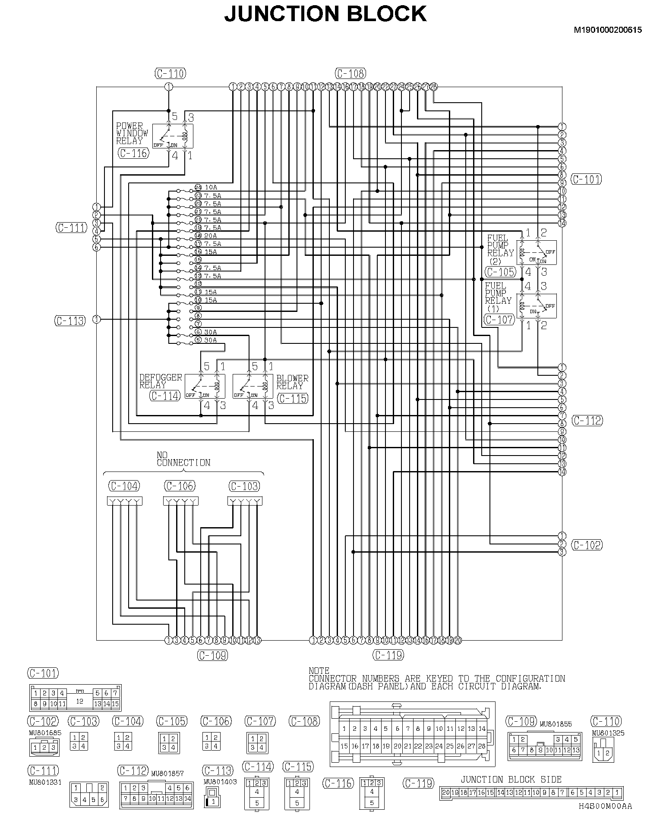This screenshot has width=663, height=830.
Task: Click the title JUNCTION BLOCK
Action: pyautogui.click(x=325, y=14)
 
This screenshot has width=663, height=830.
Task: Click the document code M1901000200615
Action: pyautogui.click(x=607, y=30)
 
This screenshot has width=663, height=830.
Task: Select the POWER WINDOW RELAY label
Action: pyautogui.click(x=132, y=133)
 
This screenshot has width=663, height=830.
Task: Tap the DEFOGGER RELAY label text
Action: pyautogui.click(x=161, y=381)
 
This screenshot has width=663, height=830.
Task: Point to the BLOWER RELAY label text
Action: pyautogui.click(x=292, y=382)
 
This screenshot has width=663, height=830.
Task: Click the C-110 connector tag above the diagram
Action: pyautogui.click(x=170, y=74)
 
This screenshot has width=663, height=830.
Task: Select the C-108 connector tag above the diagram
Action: pyautogui.click(x=350, y=74)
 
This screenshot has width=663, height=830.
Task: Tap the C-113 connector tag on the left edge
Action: pyautogui.click(x=70, y=321)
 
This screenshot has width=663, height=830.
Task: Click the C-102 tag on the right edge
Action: pyautogui.click(x=587, y=545)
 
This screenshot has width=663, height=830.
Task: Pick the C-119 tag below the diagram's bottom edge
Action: pyautogui.click(x=388, y=655)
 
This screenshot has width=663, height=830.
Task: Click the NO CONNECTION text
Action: pyautogui.click(x=183, y=459)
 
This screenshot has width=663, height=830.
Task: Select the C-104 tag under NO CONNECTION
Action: pyautogui.click(x=124, y=486)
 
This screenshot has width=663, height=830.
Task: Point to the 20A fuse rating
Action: pyautogui.click(x=211, y=236)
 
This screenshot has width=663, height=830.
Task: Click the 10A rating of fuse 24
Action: pyautogui.click(x=211, y=188)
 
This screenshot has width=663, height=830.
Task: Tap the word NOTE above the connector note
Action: pyautogui.click(x=319, y=671)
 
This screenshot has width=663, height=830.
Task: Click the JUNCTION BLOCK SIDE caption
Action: pyautogui.click(x=511, y=780)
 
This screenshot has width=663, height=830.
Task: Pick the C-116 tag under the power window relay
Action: pyautogui.click(x=133, y=153)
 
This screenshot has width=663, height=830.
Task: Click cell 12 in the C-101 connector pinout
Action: pyautogui.click(x=79, y=701)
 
